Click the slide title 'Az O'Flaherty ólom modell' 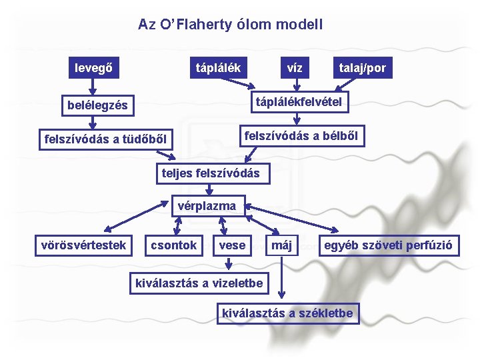[231, 25]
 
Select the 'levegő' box [93, 67]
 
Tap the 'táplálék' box [218, 67]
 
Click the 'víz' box [295, 67]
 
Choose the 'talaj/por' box [362, 67]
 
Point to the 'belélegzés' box [97, 105]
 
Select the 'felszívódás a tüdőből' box [105, 139]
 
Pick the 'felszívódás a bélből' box [301, 136]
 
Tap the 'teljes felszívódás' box [211, 173]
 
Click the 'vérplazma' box [207, 206]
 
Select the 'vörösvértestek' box [83, 245]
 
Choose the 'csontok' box [173, 245]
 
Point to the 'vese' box [232, 245]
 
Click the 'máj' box [282, 245]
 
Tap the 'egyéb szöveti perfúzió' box [387, 245]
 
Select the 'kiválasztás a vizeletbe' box [199, 283]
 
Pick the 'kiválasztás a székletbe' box [287, 312]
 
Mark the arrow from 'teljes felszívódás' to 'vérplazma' [191, 189]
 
